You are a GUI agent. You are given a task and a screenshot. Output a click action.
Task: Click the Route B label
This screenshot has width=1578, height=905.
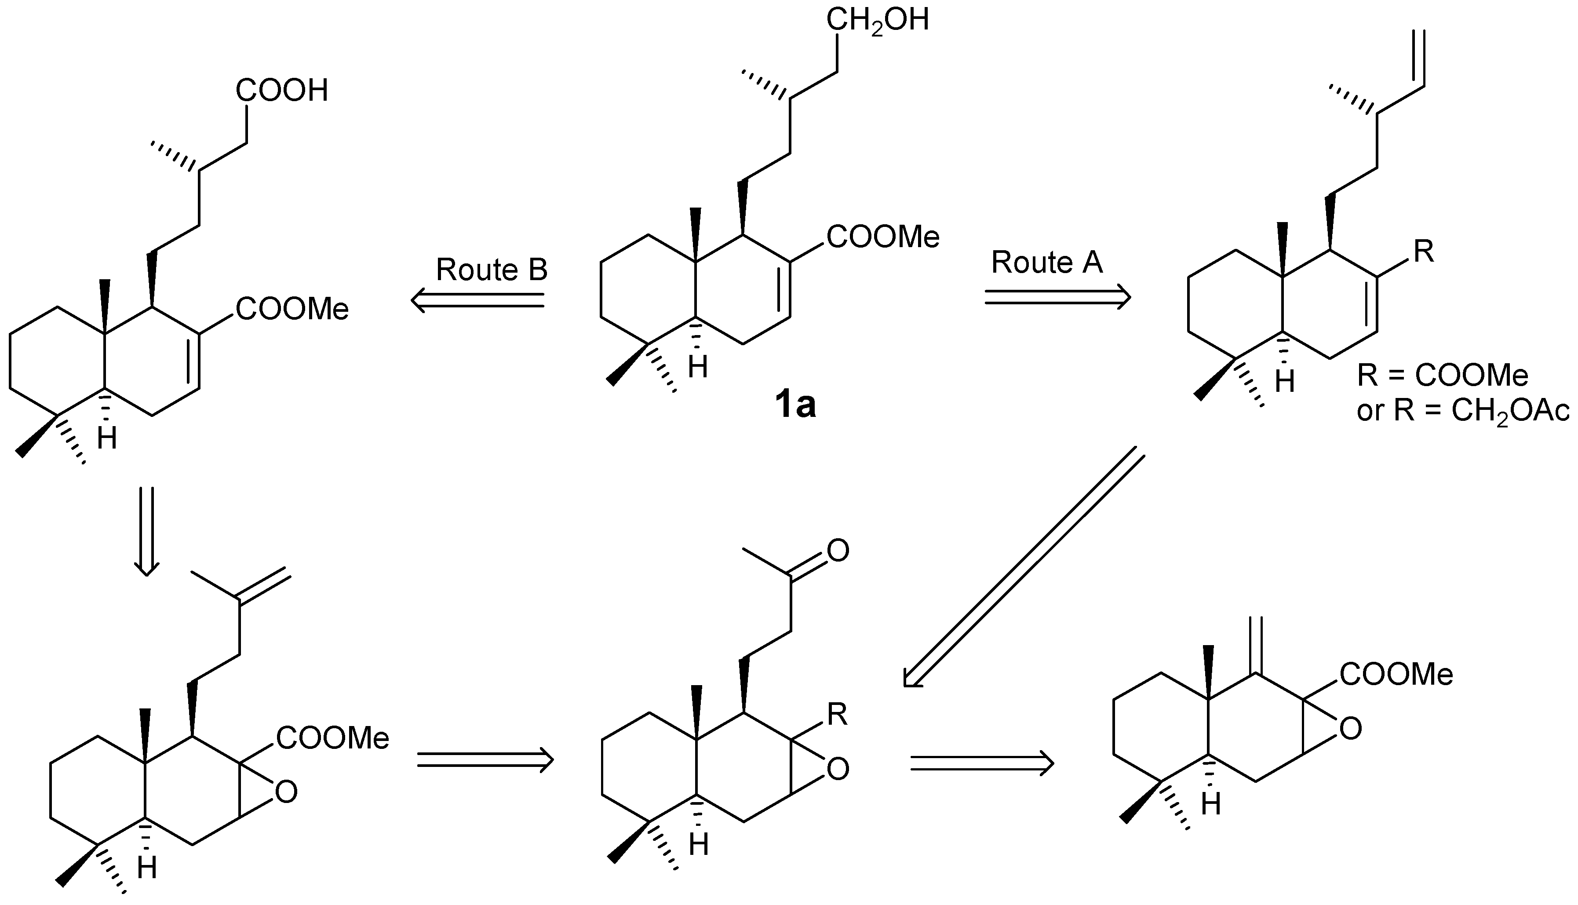(491, 270)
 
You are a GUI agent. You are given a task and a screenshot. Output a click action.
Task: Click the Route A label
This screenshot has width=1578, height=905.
(1047, 262)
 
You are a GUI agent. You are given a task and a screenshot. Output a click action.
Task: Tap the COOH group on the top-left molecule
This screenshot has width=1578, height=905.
(281, 91)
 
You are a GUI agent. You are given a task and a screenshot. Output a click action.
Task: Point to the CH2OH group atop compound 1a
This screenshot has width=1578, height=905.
(877, 20)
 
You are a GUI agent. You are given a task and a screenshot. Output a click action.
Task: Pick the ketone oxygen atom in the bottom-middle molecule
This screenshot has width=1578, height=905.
(838, 551)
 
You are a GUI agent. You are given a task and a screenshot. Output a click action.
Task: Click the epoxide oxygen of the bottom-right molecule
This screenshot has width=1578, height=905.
(1350, 729)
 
